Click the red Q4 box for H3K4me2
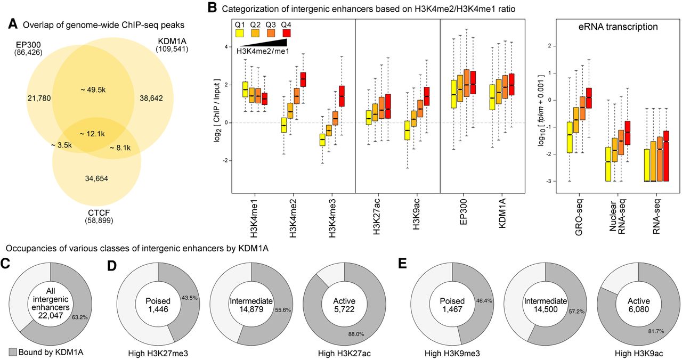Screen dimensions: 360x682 click(x=303, y=79)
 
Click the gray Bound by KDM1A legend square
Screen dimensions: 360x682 click(x=13, y=352)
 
